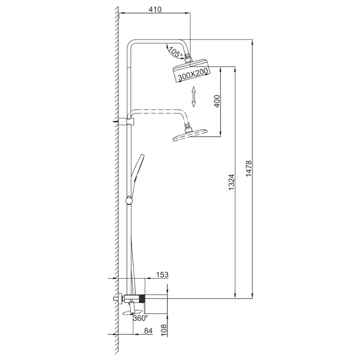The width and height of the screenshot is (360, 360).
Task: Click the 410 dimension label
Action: coord(156,9)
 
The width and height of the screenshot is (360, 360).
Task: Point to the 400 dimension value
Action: coord(216,101)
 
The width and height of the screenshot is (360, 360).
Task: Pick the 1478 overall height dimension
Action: coord(249,169)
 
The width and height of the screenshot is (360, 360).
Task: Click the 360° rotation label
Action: coord(140,318)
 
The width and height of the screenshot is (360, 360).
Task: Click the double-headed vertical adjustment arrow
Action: coord(193,97)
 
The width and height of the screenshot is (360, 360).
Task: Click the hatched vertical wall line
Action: coord(117,180)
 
